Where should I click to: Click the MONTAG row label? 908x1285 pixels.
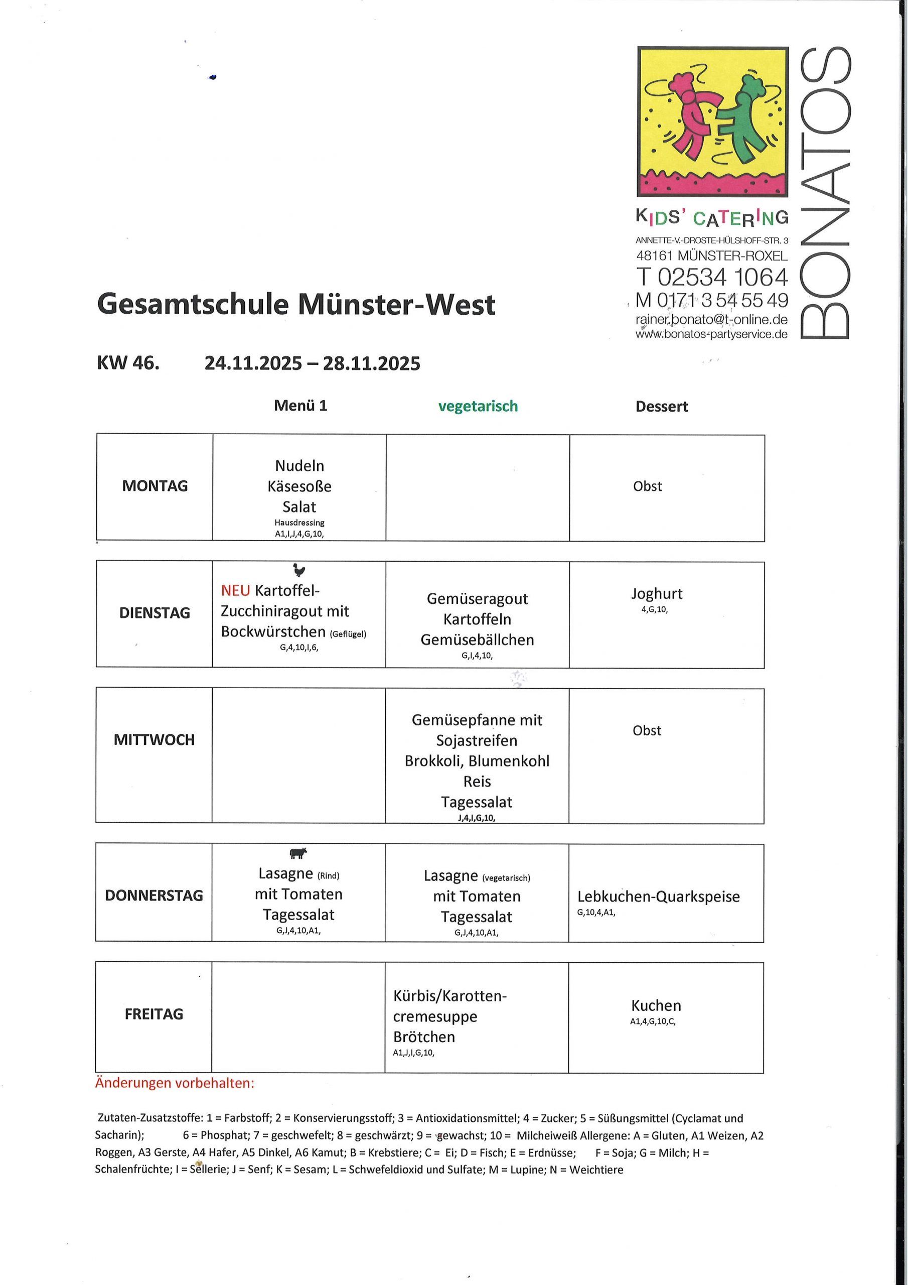coord(155,486)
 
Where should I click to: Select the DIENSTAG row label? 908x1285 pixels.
coord(155,613)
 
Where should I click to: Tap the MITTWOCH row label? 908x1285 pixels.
coord(154,739)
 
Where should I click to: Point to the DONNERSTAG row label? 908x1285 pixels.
coord(154,895)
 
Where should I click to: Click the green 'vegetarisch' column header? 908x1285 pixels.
coord(478,406)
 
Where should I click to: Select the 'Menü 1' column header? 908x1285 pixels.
coord(300,406)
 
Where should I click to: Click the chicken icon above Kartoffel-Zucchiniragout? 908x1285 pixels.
coord(299,570)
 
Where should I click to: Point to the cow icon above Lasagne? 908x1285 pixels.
coord(298,852)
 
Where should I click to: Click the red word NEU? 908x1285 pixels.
coord(236,590)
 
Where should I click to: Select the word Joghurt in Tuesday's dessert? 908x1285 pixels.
coord(657,593)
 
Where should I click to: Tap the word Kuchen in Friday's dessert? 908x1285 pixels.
coord(656,1005)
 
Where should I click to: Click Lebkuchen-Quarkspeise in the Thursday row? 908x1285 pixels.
coord(659,896)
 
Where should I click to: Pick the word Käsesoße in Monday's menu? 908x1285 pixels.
coord(299,486)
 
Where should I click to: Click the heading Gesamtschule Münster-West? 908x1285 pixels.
coord(296,305)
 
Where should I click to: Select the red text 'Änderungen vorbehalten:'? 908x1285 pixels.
coord(175,1083)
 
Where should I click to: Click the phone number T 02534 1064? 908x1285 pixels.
coord(712,277)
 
